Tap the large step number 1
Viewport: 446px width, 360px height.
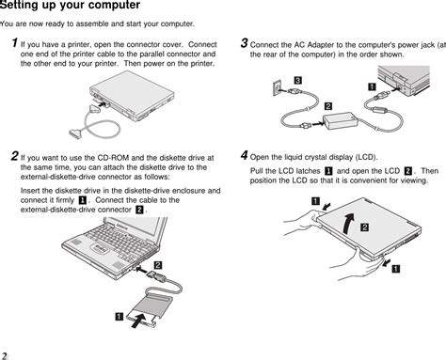13,44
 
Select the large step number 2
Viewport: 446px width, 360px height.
13,155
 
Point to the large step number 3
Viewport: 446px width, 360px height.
245,43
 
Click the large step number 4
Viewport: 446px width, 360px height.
245,154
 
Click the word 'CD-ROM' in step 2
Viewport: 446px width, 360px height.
119,156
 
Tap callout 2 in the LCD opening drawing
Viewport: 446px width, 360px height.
363,228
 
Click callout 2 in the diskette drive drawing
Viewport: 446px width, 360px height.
158,266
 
